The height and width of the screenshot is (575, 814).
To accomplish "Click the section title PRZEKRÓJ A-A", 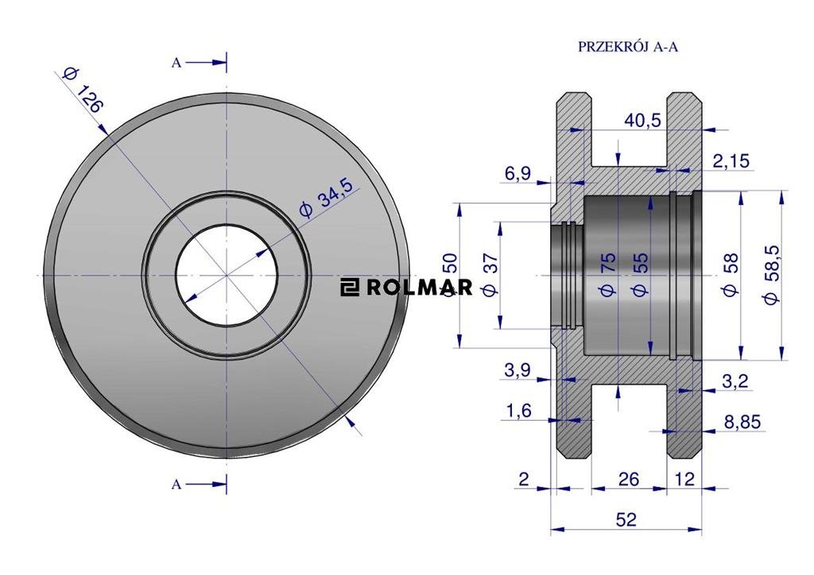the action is pyautogui.click(x=628, y=47).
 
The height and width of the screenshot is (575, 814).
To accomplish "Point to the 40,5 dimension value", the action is pyautogui.click(x=642, y=120).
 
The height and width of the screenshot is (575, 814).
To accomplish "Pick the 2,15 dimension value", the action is pyautogui.click(x=731, y=161).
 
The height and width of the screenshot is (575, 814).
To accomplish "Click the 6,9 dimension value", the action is pyautogui.click(x=518, y=174).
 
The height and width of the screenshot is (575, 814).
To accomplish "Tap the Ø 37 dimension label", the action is pyautogui.click(x=490, y=275).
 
